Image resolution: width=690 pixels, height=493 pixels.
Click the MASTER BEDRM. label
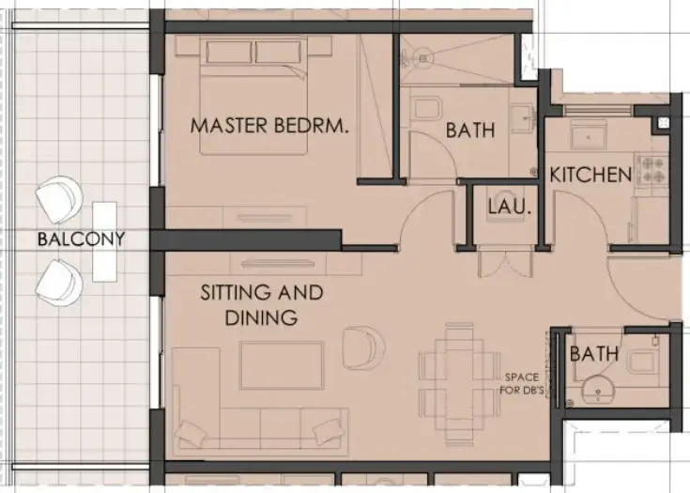tap(269, 125)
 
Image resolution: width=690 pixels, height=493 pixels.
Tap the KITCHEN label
tap(590, 175)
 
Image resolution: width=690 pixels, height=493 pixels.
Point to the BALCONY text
tap(81, 239)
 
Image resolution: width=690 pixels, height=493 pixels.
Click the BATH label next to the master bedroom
tap(469, 131)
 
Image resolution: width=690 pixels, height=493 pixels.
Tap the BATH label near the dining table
tap(593, 354)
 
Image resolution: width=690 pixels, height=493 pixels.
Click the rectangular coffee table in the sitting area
tap(281, 365)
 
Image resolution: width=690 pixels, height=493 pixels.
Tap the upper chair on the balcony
tap(58, 198)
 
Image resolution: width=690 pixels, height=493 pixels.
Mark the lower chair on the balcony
tap(58, 279)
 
